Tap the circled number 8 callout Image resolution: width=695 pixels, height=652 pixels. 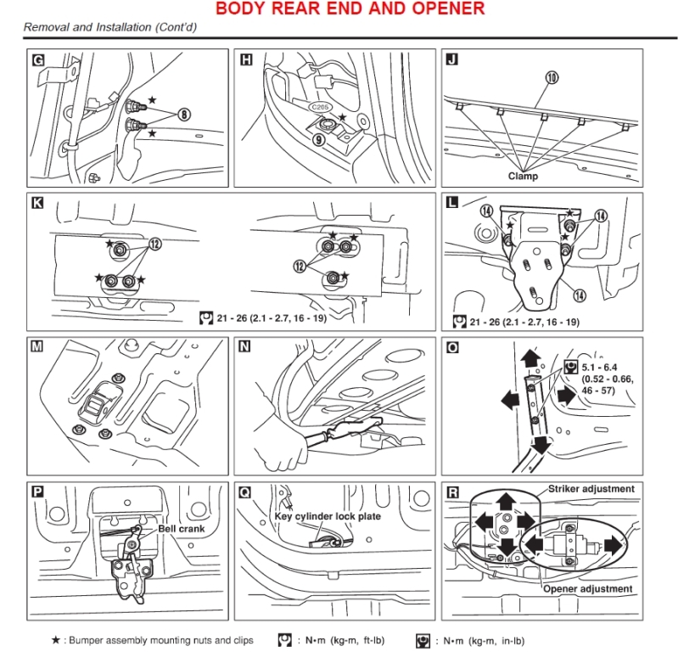(183, 114)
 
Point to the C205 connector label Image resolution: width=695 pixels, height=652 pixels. (319, 108)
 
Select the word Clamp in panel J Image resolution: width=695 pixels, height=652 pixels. (524, 177)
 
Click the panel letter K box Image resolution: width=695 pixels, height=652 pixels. (37, 203)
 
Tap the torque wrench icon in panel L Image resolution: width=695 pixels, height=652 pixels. (459, 322)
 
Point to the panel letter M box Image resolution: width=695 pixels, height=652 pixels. (37, 346)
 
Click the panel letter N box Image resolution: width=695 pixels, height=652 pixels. (246, 346)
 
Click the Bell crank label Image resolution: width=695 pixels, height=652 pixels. (182, 528)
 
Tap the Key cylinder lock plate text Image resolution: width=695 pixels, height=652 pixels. (328, 515)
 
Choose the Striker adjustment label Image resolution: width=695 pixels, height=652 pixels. (591, 489)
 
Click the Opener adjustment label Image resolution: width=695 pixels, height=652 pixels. (587, 588)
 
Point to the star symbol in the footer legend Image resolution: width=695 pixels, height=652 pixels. (55, 640)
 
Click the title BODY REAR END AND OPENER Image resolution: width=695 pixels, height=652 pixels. (350, 9)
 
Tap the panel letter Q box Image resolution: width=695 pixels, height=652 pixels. (246, 491)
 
